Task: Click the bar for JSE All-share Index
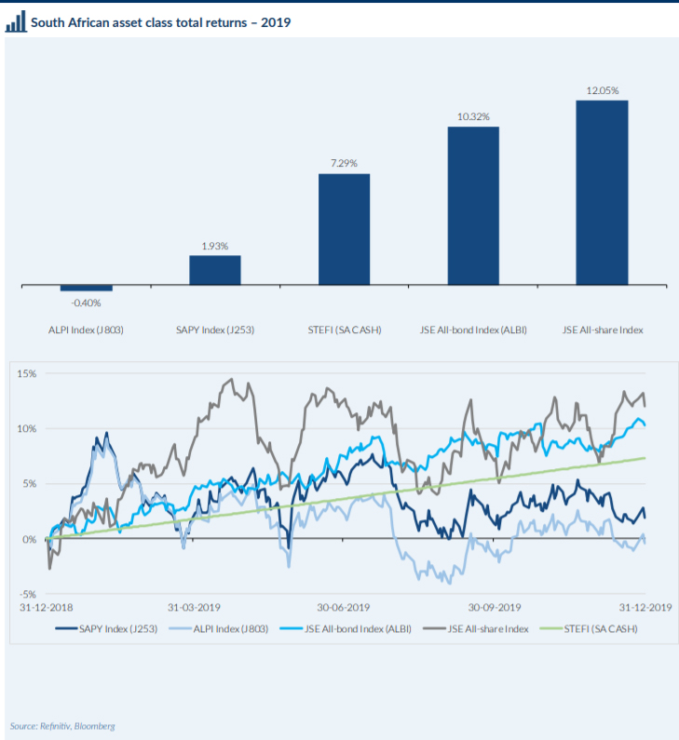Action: pos(602,193)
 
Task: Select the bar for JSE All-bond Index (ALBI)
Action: pos(473,206)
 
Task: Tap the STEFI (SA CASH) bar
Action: pos(344,229)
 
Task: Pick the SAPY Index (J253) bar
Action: pos(215,270)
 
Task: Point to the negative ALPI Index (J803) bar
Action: pos(86,288)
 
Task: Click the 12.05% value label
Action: pos(602,90)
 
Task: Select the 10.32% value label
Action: pos(473,116)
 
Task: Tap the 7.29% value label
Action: pos(344,164)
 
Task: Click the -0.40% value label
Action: pos(86,303)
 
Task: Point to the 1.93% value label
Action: pos(215,246)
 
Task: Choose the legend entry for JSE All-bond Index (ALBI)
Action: pos(358,628)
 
